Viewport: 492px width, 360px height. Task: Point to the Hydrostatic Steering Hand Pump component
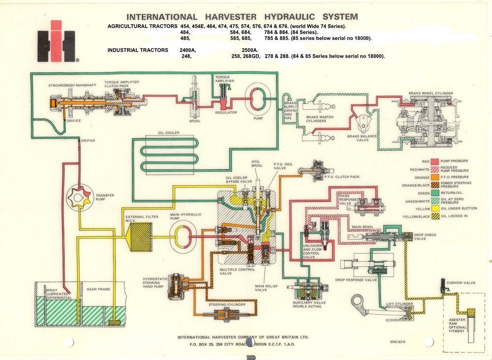[175, 286]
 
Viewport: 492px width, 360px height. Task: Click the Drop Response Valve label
[356, 280]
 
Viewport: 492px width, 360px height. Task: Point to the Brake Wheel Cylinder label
[431, 93]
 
